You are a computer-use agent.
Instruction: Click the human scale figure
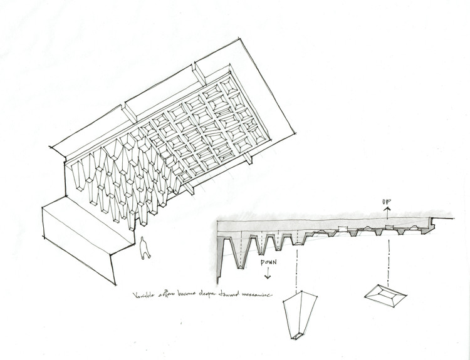click(x=145, y=248)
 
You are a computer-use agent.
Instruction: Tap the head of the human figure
click(x=145, y=239)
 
